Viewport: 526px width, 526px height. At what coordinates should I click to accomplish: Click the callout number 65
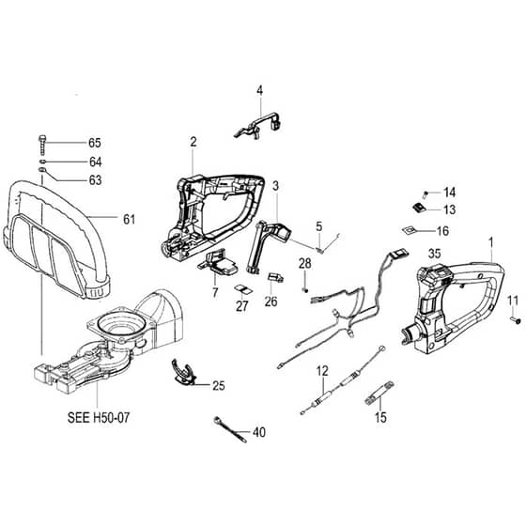coord(95,143)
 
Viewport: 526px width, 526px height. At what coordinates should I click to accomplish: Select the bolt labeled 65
coord(42,145)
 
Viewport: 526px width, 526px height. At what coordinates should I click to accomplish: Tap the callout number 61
coord(130,220)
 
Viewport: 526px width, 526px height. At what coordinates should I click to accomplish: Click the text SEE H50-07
coord(99,418)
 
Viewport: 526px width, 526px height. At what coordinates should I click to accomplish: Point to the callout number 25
coord(218,386)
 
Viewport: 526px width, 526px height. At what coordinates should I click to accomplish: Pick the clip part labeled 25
coord(183,371)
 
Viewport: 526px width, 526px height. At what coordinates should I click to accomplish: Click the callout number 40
coord(259,432)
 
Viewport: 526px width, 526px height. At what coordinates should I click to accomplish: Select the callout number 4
coord(259,90)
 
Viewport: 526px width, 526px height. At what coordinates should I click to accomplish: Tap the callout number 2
coord(193,142)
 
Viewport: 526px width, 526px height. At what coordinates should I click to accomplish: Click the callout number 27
coord(242,306)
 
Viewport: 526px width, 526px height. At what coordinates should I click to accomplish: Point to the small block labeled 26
coord(275,277)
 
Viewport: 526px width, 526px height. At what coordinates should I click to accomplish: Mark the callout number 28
coord(305,263)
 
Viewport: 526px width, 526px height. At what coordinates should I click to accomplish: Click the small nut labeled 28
coord(305,289)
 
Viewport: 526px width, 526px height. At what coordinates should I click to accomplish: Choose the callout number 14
coord(450,193)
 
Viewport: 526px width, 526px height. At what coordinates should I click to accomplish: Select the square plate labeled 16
coord(410,230)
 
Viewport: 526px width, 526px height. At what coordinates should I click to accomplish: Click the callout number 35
coord(434,254)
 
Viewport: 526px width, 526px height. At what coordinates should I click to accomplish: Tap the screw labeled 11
coord(516,319)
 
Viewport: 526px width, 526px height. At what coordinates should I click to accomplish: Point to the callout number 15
coord(380,418)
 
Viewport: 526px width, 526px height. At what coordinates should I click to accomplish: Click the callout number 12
coord(322,371)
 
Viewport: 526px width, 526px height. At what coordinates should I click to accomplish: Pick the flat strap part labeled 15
coord(379,394)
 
